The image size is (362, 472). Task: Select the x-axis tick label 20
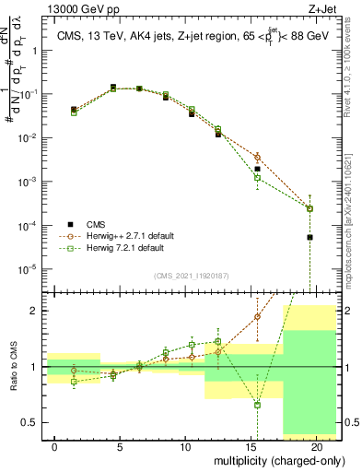pyautogui.click(x=316, y=446)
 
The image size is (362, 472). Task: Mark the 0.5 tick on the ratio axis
pyautogui.click(x=31, y=423)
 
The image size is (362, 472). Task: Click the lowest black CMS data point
pyautogui.click(x=309, y=237)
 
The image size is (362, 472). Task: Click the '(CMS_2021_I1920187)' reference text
pyautogui.click(x=192, y=275)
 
